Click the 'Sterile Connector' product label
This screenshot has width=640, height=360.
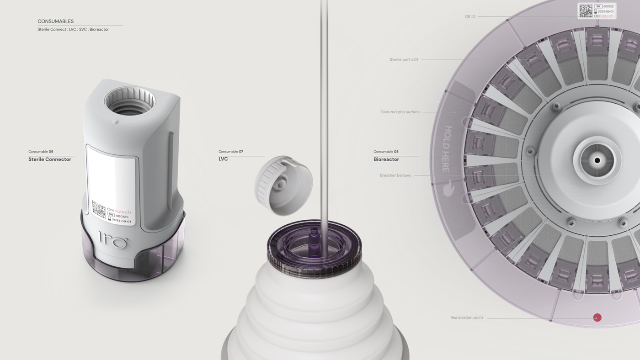(50, 159)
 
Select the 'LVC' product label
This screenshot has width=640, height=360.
(223, 159)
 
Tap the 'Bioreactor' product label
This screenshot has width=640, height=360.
(386, 159)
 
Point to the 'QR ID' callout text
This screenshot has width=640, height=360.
(470, 16)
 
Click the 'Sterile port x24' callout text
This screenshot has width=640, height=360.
(404, 59)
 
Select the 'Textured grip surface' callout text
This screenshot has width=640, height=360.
(400, 112)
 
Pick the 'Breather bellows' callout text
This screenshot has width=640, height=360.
(395, 175)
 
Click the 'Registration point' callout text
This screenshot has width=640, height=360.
(466, 318)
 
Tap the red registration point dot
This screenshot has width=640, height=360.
(597, 318)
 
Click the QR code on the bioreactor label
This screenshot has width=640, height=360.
(586, 11)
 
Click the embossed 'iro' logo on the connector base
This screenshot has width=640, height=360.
(113, 239)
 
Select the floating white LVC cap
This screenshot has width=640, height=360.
(283, 185)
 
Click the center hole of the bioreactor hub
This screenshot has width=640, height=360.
(597, 160)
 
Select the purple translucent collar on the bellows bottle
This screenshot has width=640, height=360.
(314, 249)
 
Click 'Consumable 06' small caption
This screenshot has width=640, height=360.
(41, 152)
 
